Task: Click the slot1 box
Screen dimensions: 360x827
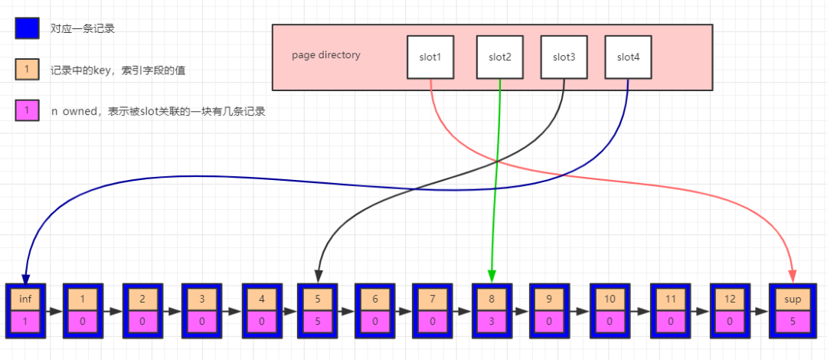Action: [x=430, y=57]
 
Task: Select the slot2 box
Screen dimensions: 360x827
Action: [x=499, y=57]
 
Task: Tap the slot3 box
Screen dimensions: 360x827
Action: [x=564, y=57]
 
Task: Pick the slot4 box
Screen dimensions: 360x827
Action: [x=628, y=57]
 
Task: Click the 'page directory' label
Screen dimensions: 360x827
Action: [x=326, y=55]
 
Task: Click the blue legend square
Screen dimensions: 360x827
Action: [x=26, y=29]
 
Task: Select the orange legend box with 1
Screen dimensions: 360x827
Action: [x=26, y=70]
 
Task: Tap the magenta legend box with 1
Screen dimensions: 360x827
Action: [x=26, y=111]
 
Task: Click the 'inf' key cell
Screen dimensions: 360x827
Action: [x=25, y=299]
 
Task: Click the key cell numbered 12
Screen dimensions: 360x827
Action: [x=730, y=299]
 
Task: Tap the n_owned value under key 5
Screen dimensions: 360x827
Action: [x=317, y=322]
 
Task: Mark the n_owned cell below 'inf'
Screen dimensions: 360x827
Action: [x=25, y=322]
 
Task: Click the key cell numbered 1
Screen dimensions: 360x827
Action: [x=83, y=299]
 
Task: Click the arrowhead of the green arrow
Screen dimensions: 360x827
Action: [x=492, y=276]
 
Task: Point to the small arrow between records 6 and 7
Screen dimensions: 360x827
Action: [x=403, y=311]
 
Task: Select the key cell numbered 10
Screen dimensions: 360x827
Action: [x=610, y=299]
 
